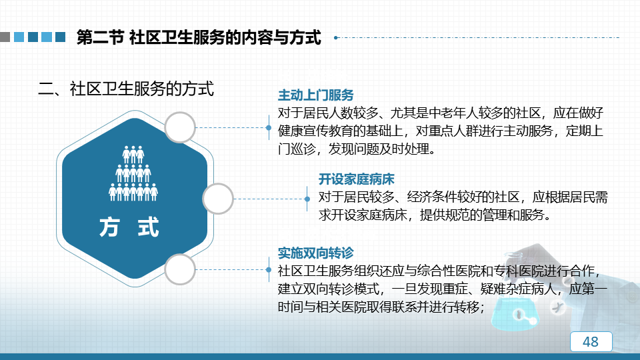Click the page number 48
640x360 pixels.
[x=591, y=341]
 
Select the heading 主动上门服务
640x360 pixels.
[x=315, y=95]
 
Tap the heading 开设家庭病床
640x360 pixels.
[x=356, y=179]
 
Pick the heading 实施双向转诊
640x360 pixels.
[x=315, y=253]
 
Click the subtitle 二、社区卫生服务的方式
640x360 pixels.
[x=126, y=89]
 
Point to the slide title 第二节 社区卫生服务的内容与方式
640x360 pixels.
[x=199, y=37]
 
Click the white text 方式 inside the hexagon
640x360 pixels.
[x=129, y=227]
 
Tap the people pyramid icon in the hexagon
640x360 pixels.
[x=133, y=173]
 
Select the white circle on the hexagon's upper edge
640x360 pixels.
[x=180, y=127]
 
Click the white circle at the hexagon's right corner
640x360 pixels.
[x=218, y=199]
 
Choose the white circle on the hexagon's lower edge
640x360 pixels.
[x=180, y=269]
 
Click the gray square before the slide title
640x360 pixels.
[x=5, y=37]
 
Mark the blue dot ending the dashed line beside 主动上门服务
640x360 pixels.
[x=269, y=128]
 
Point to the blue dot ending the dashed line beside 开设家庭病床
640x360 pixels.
[x=307, y=199]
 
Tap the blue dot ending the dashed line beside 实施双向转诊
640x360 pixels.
[x=269, y=270]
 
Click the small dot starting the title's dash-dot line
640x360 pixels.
[x=335, y=37]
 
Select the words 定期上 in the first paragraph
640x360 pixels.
[x=584, y=131]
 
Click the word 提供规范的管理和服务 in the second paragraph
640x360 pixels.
[x=482, y=215]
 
